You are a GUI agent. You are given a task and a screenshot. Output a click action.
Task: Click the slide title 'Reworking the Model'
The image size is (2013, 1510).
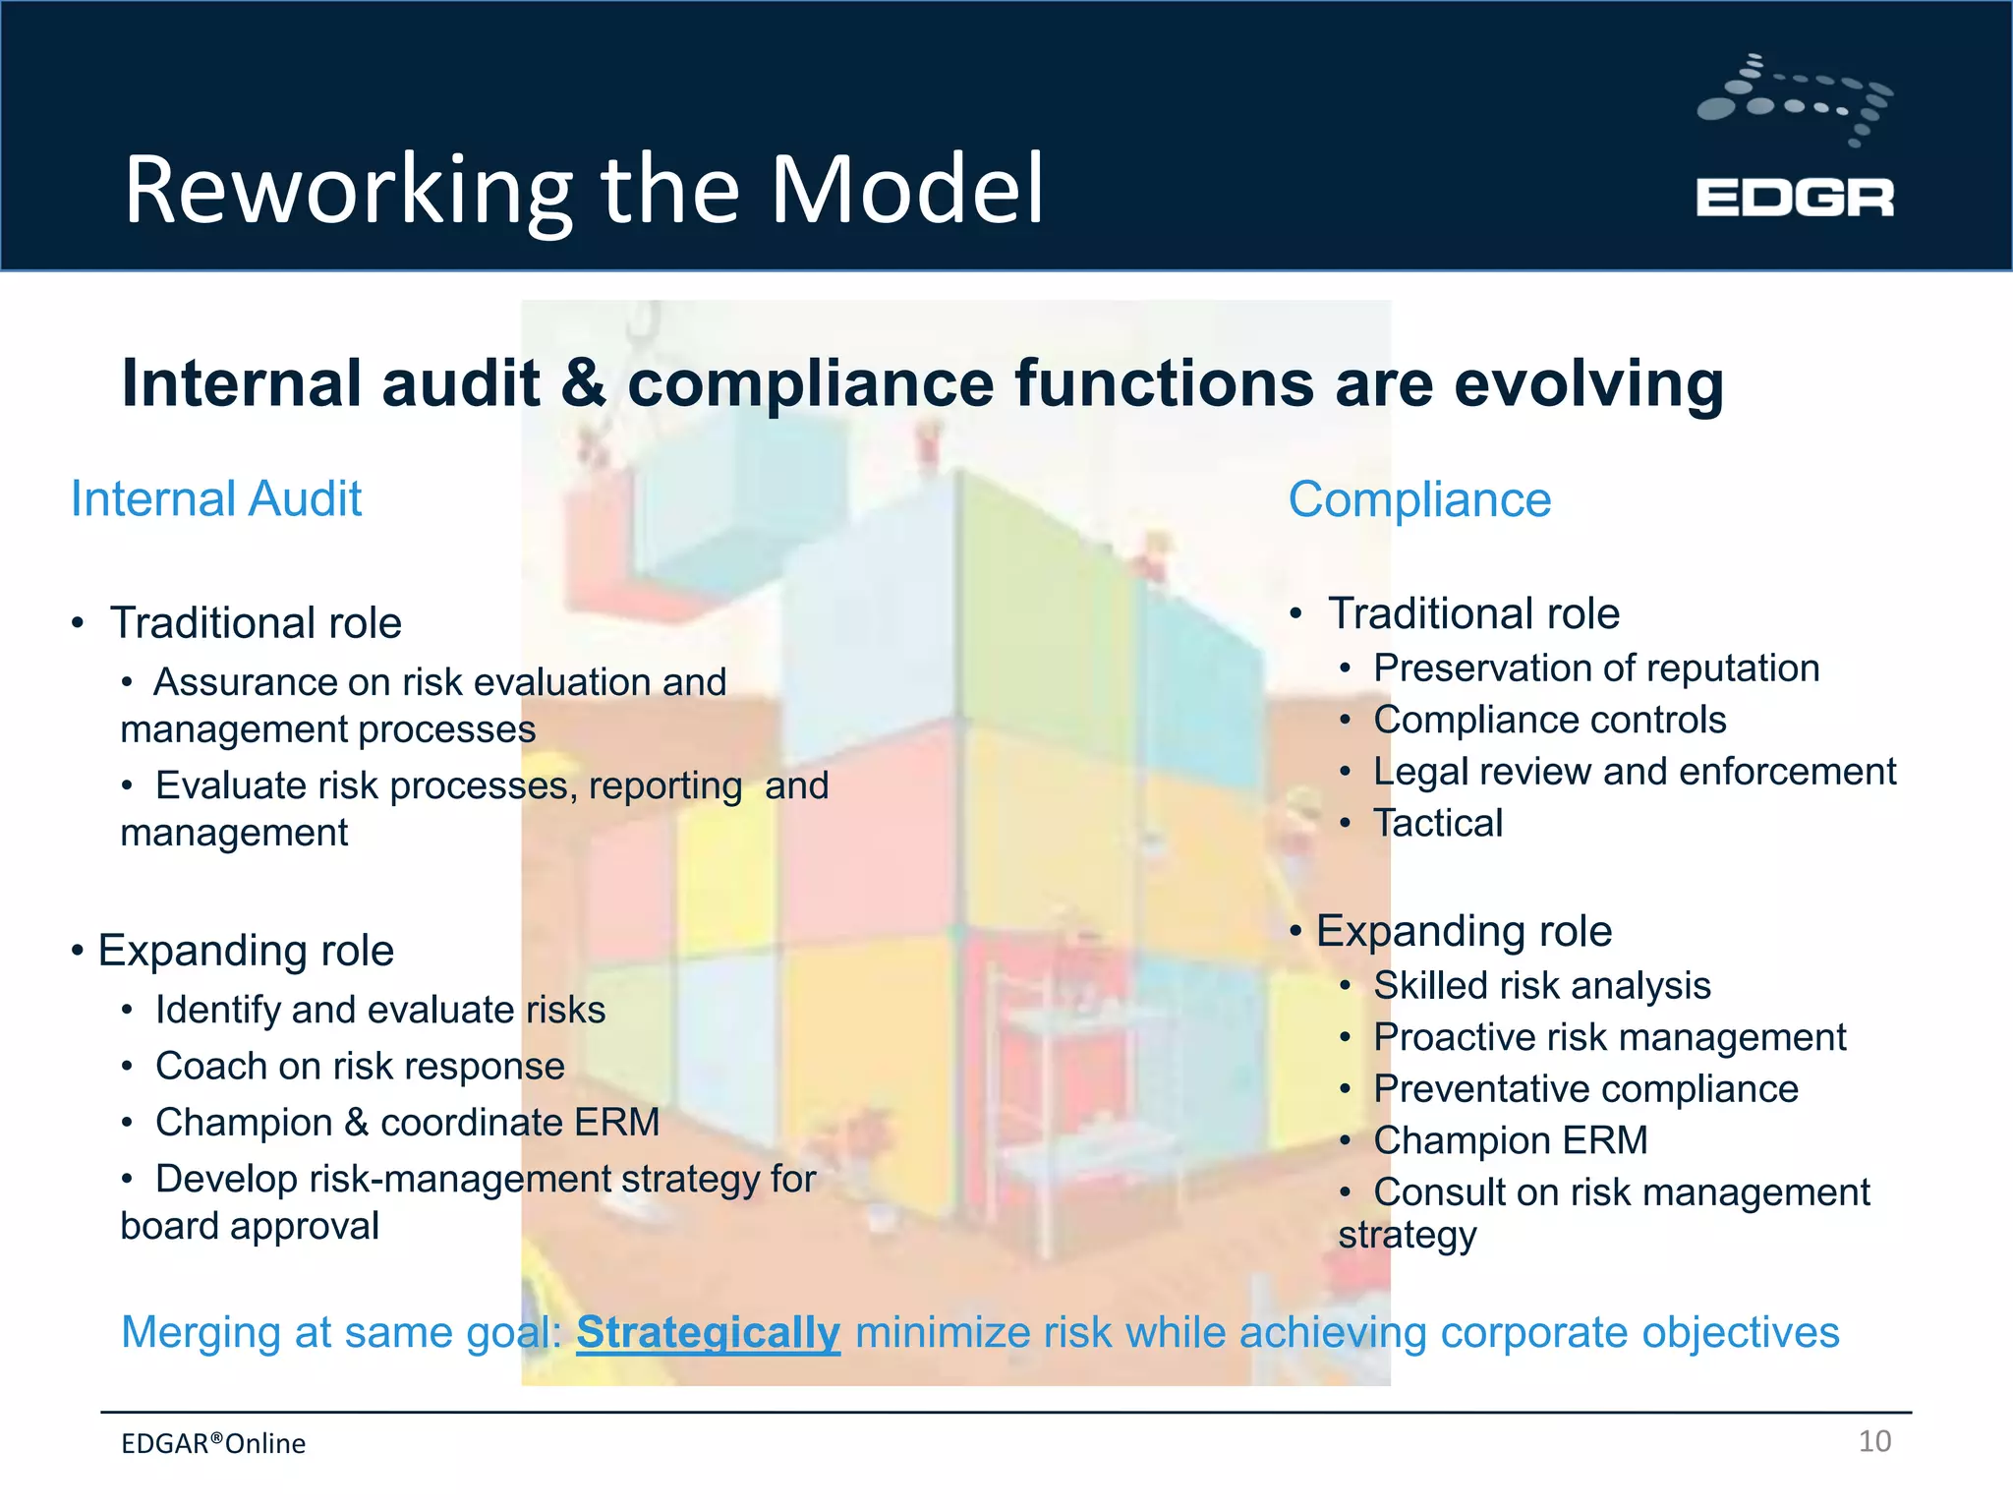coord(584,189)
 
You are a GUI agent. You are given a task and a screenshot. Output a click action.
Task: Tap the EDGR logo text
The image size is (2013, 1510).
coord(1794,198)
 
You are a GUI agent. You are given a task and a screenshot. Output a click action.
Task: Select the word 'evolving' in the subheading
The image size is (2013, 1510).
coord(1588,383)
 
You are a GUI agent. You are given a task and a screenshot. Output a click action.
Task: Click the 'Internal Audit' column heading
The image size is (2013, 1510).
coord(216,498)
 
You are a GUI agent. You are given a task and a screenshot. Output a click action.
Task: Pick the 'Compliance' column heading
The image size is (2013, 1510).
coord(1419,499)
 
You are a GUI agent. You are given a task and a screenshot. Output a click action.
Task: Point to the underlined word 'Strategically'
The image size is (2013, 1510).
coord(708,1332)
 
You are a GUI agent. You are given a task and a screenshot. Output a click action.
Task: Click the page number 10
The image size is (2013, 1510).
coord(1874,1441)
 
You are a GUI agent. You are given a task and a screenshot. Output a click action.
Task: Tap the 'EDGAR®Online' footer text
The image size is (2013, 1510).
coord(213,1443)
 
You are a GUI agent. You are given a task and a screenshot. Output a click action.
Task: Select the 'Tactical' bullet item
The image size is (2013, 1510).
coord(1437,823)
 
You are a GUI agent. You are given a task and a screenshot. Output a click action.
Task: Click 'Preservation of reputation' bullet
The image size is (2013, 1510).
coord(1595,668)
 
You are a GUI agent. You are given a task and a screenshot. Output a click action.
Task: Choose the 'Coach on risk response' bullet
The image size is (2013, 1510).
coord(360,1066)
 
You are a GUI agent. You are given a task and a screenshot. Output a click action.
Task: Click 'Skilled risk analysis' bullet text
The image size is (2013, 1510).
coord(1541,985)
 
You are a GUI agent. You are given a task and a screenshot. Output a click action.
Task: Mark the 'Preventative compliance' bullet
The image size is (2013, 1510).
coord(1585,1088)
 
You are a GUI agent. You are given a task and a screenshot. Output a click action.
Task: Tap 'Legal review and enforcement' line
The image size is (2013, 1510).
coord(1634,772)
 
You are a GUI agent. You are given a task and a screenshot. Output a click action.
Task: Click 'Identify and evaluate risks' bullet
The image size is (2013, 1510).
coord(379,1010)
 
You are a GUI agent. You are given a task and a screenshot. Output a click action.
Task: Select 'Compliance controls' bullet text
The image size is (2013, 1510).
coord(1549,720)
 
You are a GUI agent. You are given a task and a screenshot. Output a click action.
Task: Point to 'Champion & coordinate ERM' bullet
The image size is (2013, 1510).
coord(407,1122)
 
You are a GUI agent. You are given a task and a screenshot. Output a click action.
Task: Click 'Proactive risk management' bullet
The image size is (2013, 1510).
coord(1609,1037)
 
